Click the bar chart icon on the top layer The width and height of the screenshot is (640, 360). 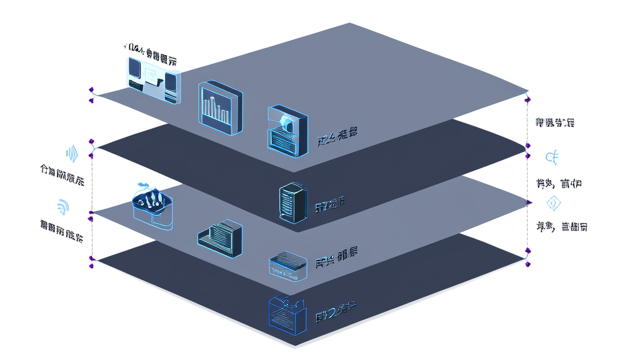(219, 107)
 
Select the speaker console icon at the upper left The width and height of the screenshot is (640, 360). (152, 77)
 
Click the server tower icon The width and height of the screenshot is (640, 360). (291, 201)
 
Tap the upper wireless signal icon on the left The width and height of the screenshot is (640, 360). (71, 153)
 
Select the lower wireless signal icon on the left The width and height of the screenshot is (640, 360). (63, 205)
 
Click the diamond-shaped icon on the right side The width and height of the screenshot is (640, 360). (553, 203)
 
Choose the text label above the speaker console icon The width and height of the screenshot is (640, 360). (149, 48)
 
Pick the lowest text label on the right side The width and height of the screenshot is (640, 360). (561, 227)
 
